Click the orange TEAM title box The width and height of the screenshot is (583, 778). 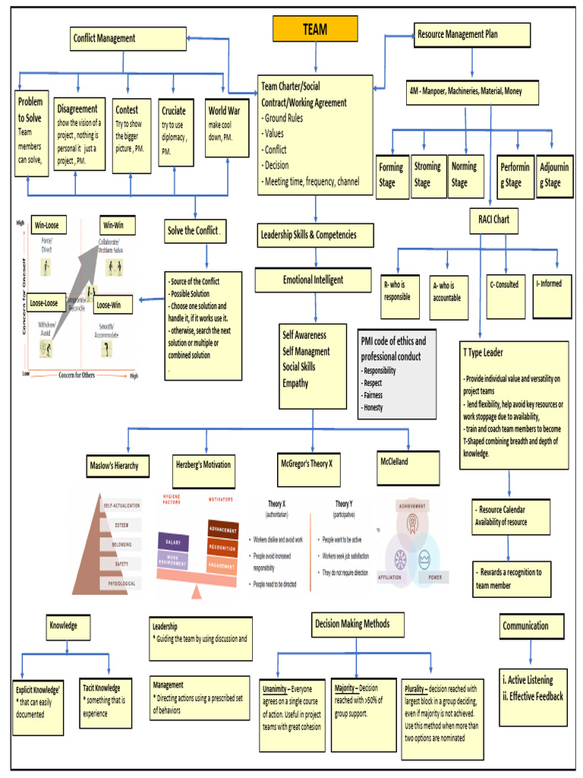pyautogui.click(x=315, y=30)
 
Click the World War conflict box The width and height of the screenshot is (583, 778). pyautogui.click(x=226, y=127)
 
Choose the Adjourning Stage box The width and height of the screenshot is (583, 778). pyautogui.click(x=554, y=176)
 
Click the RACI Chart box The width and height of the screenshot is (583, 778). pyautogui.click(x=493, y=220)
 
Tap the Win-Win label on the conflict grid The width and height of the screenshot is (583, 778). pyautogui.click(x=118, y=226)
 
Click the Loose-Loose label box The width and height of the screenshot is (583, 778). pyautogui.click(x=45, y=302)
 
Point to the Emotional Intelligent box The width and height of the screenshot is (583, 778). pyautogui.click(x=313, y=280)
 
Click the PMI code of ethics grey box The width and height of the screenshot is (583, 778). pyautogui.click(x=398, y=372)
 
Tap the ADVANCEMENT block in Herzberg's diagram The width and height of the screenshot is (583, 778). pyautogui.click(x=222, y=530)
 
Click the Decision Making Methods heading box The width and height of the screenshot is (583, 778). pyautogui.click(x=352, y=625)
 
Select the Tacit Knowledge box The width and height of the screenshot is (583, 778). pyautogui.click(x=106, y=702)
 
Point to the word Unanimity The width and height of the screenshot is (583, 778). pyautogui.click(x=276, y=689)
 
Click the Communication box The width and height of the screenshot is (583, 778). pyautogui.click(x=531, y=626)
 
